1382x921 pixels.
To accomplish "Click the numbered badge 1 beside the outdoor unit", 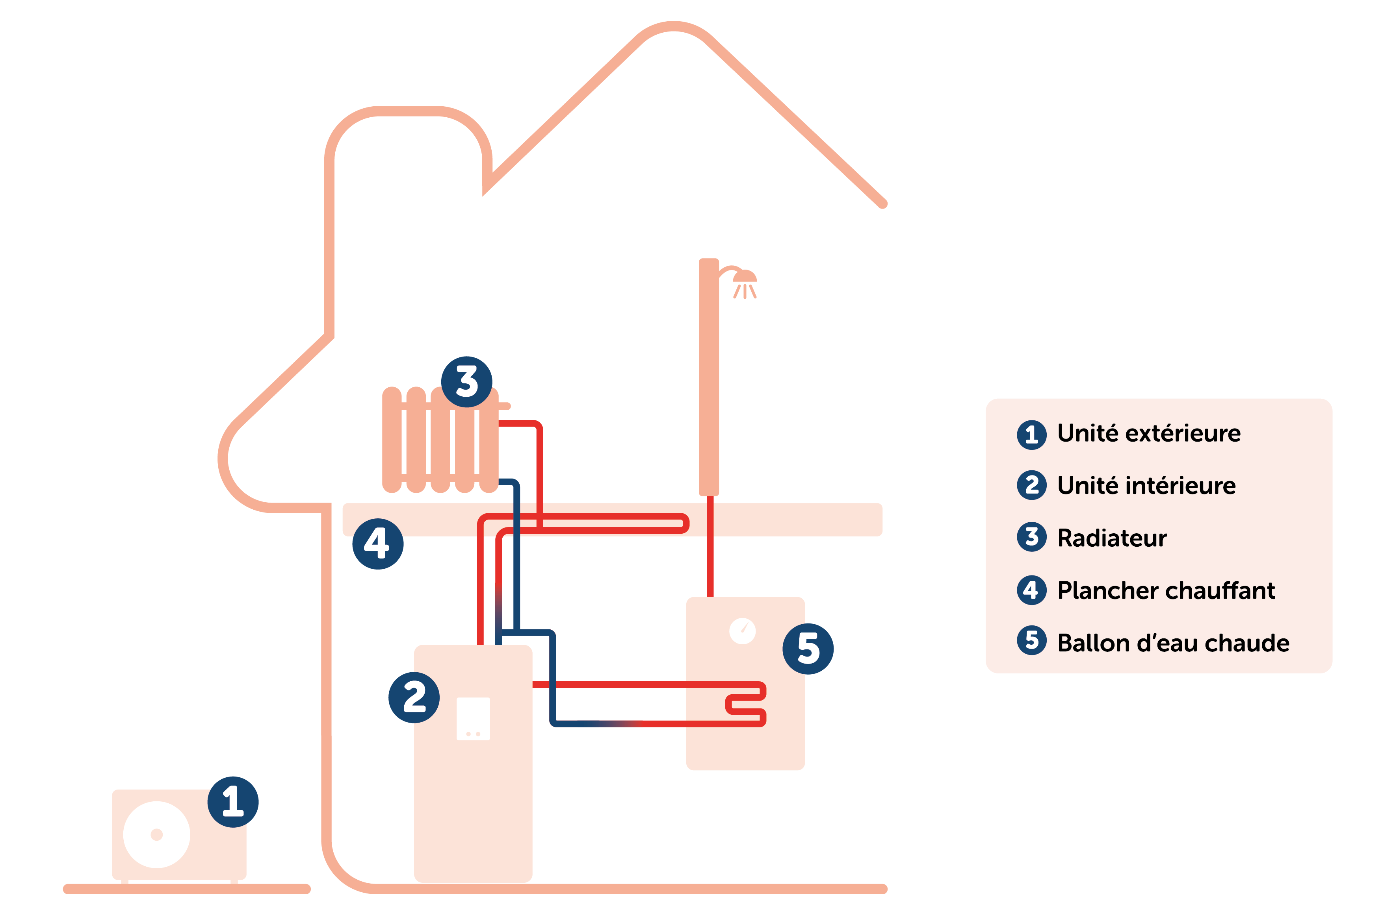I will pyautogui.click(x=233, y=802).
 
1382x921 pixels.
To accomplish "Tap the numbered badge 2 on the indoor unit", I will pyautogui.click(x=414, y=697).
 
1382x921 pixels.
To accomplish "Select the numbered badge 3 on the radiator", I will pyautogui.click(x=467, y=382).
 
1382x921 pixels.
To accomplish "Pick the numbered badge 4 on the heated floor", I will pyautogui.click(x=377, y=543).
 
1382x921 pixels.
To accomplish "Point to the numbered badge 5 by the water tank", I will pyautogui.click(x=808, y=649).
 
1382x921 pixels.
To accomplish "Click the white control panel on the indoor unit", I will pyautogui.click(x=473, y=718).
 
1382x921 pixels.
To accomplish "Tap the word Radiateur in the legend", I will pyautogui.click(x=1112, y=538).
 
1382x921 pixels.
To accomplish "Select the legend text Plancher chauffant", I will pyautogui.click(x=1166, y=590).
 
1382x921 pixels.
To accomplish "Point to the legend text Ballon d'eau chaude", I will pyautogui.click(x=1173, y=643).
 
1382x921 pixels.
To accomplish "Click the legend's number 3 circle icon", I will pyautogui.click(x=1031, y=537).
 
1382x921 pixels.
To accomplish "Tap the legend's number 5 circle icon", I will pyautogui.click(x=1031, y=640).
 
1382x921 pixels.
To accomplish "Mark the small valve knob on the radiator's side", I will pyautogui.click(x=505, y=406).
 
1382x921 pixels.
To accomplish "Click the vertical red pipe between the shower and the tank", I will pyautogui.click(x=710, y=546).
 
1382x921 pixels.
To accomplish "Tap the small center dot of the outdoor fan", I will pyautogui.click(x=156, y=835).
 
